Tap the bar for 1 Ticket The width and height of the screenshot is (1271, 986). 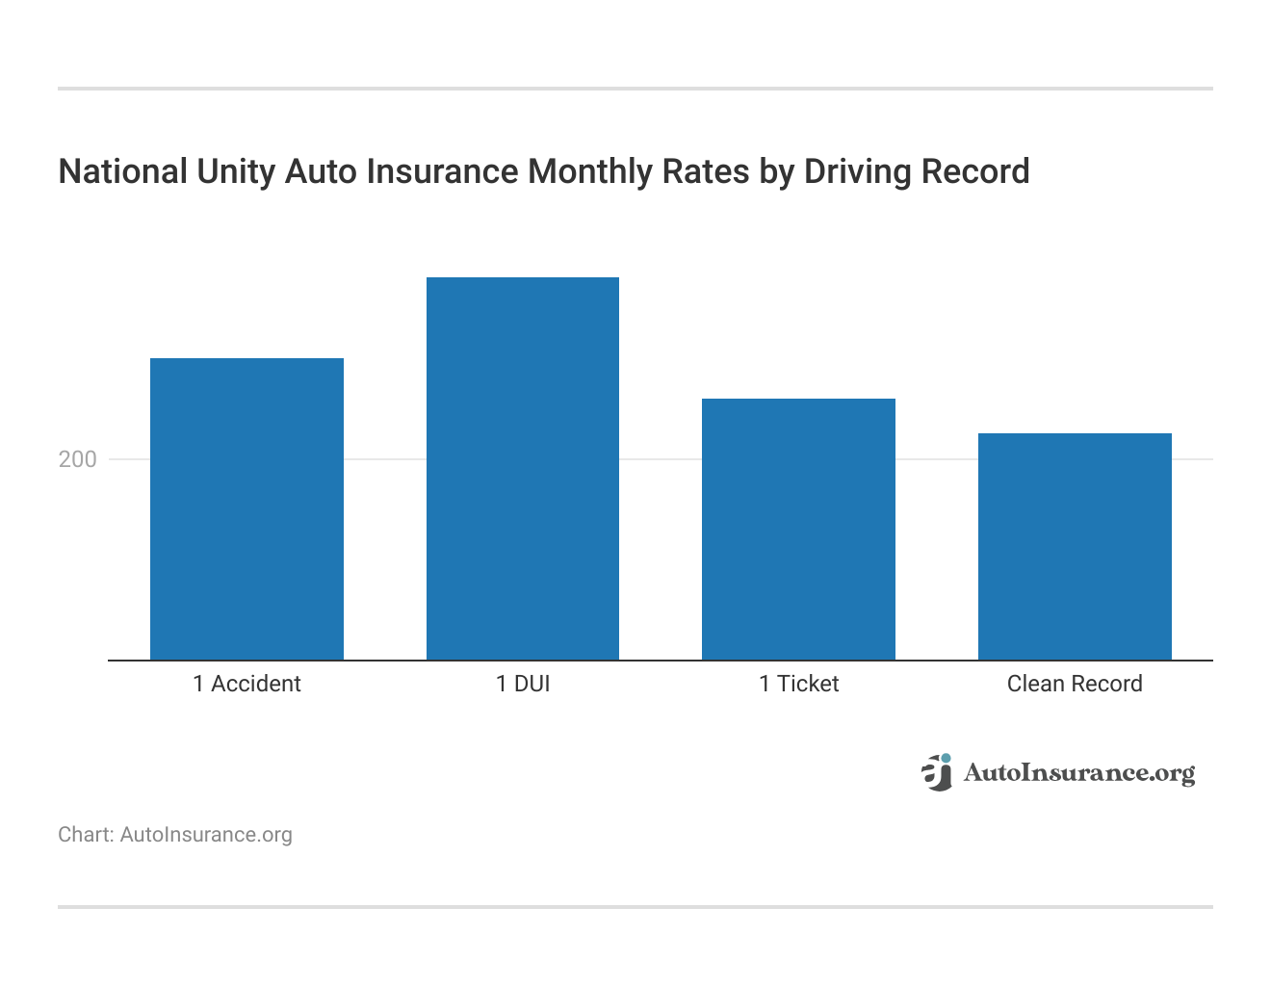point(798,529)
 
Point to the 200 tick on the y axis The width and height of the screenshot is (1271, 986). point(78,459)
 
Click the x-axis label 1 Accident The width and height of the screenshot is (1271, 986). point(246,684)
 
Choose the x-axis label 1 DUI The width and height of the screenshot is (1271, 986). point(523,684)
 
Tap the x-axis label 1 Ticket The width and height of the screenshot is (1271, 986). point(798,684)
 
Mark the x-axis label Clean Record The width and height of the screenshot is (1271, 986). point(1075,684)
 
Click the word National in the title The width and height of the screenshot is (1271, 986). point(123,171)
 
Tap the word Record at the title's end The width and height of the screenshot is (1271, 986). point(975,171)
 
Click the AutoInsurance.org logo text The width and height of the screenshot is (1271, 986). point(1078,773)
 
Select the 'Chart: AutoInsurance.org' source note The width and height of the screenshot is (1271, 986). point(175,835)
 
